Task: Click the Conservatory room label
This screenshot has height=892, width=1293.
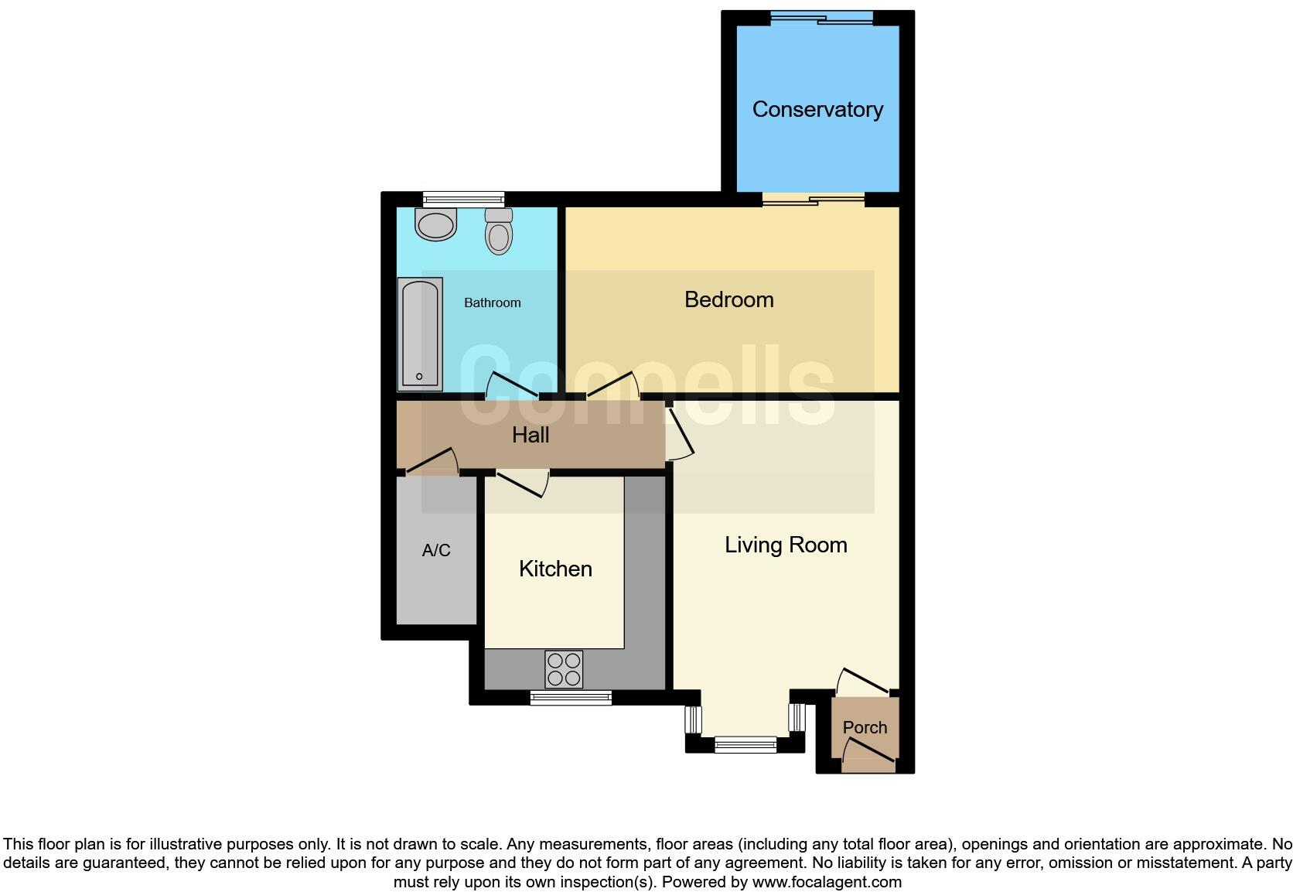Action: (x=817, y=110)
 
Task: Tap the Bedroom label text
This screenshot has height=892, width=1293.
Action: (x=728, y=299)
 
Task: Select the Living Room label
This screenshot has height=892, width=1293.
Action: (x=786, y=545)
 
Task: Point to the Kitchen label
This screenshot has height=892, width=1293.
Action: (x=555, y=569)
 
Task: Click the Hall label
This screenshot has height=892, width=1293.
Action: (x=531, y=435)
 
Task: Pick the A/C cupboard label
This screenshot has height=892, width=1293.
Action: (x=436, y=551)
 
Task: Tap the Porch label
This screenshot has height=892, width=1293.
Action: (x=865, y=727)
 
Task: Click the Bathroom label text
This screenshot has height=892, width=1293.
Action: (x=492, y=303)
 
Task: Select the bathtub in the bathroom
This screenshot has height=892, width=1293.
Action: (x=420, y=333)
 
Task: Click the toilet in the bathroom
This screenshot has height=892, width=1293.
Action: (x=499, y=230)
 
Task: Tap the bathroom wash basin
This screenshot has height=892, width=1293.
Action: (x=436, y=224)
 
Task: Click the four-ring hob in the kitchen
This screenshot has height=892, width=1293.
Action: (x=564, y=669)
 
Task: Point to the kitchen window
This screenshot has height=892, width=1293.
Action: (x=571, y=698)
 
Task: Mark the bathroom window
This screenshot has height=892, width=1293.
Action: (x=463, y=200)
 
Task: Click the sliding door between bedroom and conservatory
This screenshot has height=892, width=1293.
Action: (x=813, y=200)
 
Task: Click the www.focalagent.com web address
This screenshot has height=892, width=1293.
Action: (x=826, y=882)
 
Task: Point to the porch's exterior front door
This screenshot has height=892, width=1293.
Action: (x=868, y=754)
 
